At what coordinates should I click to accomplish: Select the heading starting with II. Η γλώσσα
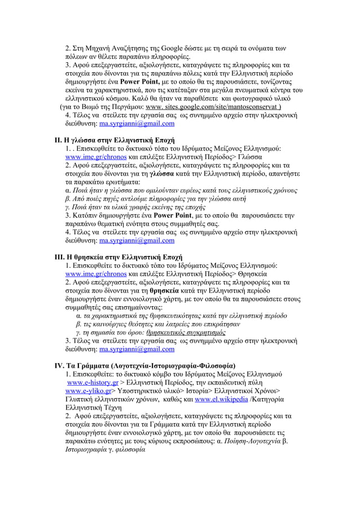(114, 139)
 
